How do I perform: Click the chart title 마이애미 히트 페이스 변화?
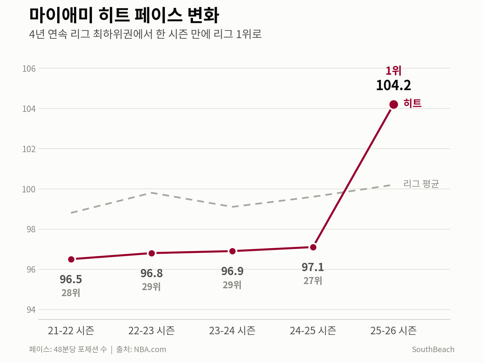(124, 15)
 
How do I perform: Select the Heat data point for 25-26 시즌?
(394, 104)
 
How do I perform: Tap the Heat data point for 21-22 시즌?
(71, 260)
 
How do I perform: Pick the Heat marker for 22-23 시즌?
(152, 253)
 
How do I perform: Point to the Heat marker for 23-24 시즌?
(232, 251)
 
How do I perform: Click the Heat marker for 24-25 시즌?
(313, 247)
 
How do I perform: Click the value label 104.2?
(394, 85)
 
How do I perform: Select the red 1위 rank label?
(394, 71)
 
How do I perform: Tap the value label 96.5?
(71, 279)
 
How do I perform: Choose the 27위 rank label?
(313, 281)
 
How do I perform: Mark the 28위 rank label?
(71, 293)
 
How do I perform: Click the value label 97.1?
(313, 267)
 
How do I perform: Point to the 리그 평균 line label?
(421, 184)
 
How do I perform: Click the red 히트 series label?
(412, 103)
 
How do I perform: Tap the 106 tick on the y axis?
(29, 69)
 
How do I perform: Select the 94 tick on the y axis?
(31, 310)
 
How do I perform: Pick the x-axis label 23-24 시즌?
(232, 331)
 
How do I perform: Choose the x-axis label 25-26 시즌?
(394, 331)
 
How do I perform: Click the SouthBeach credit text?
(433, 349)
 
